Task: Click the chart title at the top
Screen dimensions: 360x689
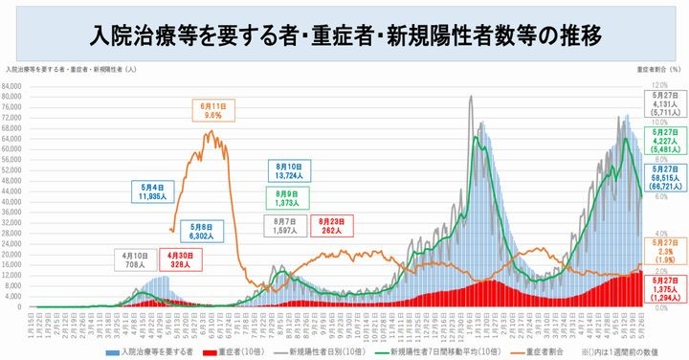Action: [x=344, y=36]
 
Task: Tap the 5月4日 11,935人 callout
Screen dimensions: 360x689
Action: [x=146, y=191]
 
